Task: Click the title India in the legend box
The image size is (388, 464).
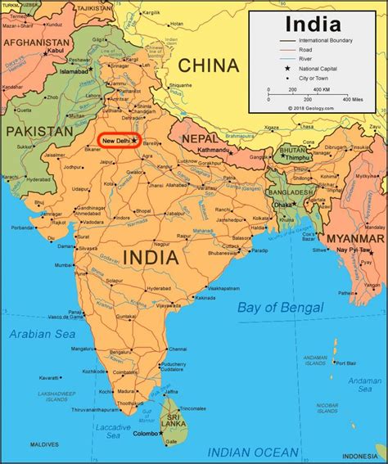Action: tap(313, 24)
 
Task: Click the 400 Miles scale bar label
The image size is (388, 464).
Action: tap(353, 99)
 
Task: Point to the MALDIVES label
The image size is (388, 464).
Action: tap(23, 444)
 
